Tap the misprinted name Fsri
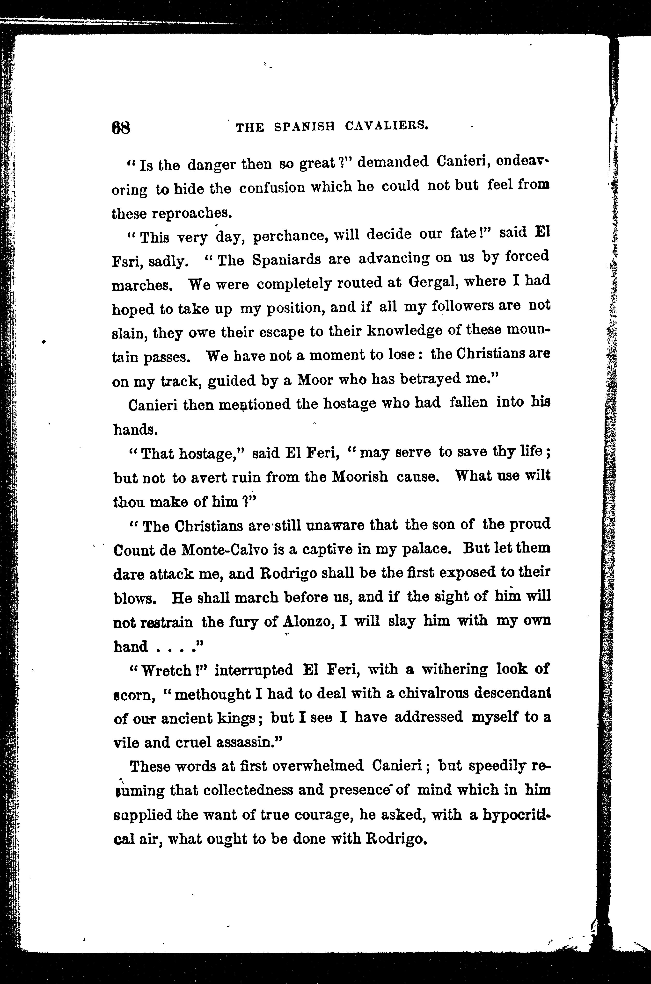pos(127,262)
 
